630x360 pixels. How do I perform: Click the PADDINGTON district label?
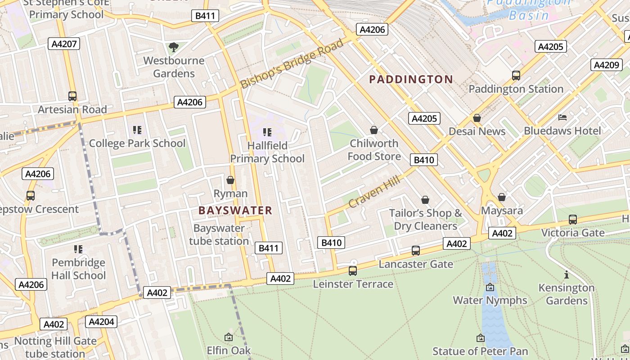(x=411, y=80)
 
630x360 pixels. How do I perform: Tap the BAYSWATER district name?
(x=235, y=210)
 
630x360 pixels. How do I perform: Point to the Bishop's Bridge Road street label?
(x=292, y=64)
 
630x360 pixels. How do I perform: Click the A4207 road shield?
(x=64, y=44)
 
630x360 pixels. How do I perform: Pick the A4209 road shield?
(x=606, y=65)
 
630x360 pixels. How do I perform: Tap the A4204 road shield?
(x=101, y=322)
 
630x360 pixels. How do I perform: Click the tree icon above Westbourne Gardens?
(x=173, y=47)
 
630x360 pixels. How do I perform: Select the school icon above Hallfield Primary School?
(x=267, y=132)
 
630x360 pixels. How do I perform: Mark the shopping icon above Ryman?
(x=230, y=180)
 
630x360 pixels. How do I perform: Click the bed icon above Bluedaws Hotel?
(x=562, y=117)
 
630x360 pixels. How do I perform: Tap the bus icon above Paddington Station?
(x=516, y=75)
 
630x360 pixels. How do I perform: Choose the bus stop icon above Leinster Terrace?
(x=353, y=271)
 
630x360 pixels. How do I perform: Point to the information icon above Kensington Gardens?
(x=566, y=274)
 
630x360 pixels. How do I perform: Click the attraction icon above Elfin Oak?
(x=229, y=337)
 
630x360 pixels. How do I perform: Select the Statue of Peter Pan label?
(x=480, y=351)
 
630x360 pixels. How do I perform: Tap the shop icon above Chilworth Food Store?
(x=373, y=130)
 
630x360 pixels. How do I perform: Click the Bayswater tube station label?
(x=219, y=234)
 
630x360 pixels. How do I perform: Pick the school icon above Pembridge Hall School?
(x=78, y=249)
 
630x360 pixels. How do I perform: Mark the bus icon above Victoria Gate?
(x=572, y=219)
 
